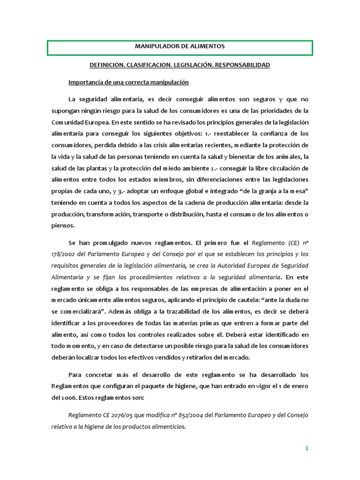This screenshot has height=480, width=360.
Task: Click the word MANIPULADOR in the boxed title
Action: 157,47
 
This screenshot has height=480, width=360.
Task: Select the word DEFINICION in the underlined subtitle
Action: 106,65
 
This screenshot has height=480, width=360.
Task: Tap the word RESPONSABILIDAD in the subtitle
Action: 241,65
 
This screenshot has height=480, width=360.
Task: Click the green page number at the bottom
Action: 307,448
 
